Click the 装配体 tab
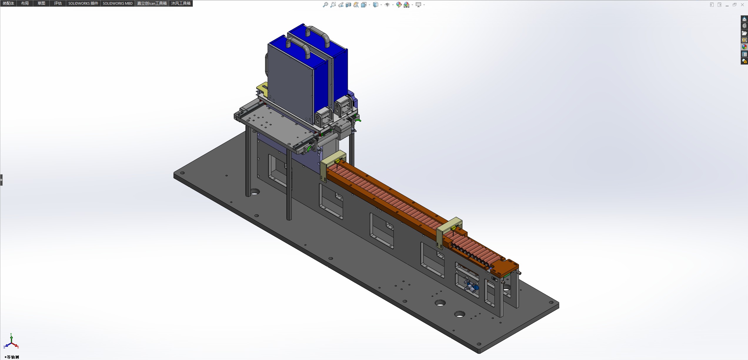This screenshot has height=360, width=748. (x=9, y=3)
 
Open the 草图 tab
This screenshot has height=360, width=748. (x=41, y=3)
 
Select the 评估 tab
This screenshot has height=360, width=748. (x=58, y=3)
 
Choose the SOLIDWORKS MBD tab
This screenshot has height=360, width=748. (x=118, y=3)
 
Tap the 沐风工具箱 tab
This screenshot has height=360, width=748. (x=181, y=3)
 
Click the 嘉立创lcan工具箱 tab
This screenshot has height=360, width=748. (x=152, y=3)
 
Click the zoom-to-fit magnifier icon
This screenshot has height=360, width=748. (x=325, y=5)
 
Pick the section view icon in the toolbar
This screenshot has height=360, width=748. (x=348, y=5)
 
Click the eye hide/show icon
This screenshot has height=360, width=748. (x=387, y=5)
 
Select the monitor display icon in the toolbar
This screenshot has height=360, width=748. (x=418, y=5)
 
